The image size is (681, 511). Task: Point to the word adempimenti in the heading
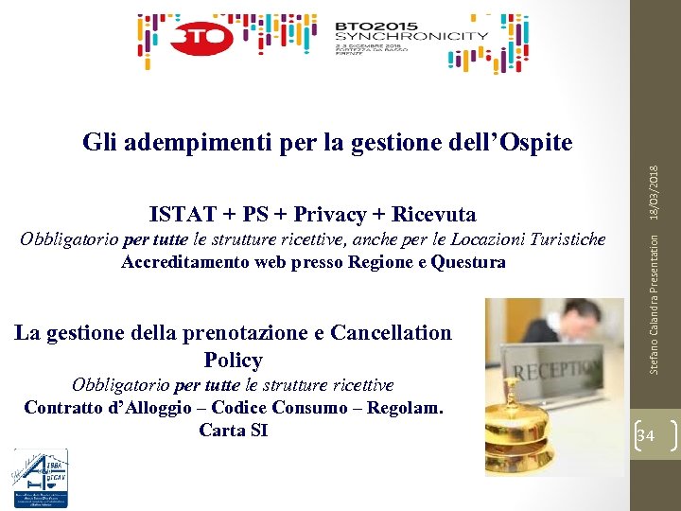coord(194,143)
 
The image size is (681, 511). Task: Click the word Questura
coord(467,262)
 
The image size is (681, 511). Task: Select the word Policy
coord(233,360)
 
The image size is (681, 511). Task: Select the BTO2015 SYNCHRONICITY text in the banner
coord(411,36)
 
